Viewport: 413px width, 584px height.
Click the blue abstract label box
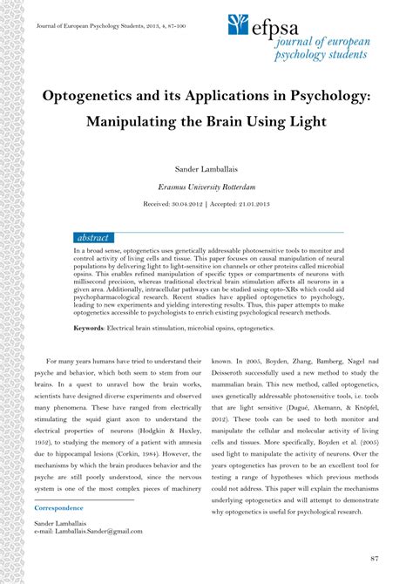[x=94, y=238]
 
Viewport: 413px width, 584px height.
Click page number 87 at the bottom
[x=374, y=558]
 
